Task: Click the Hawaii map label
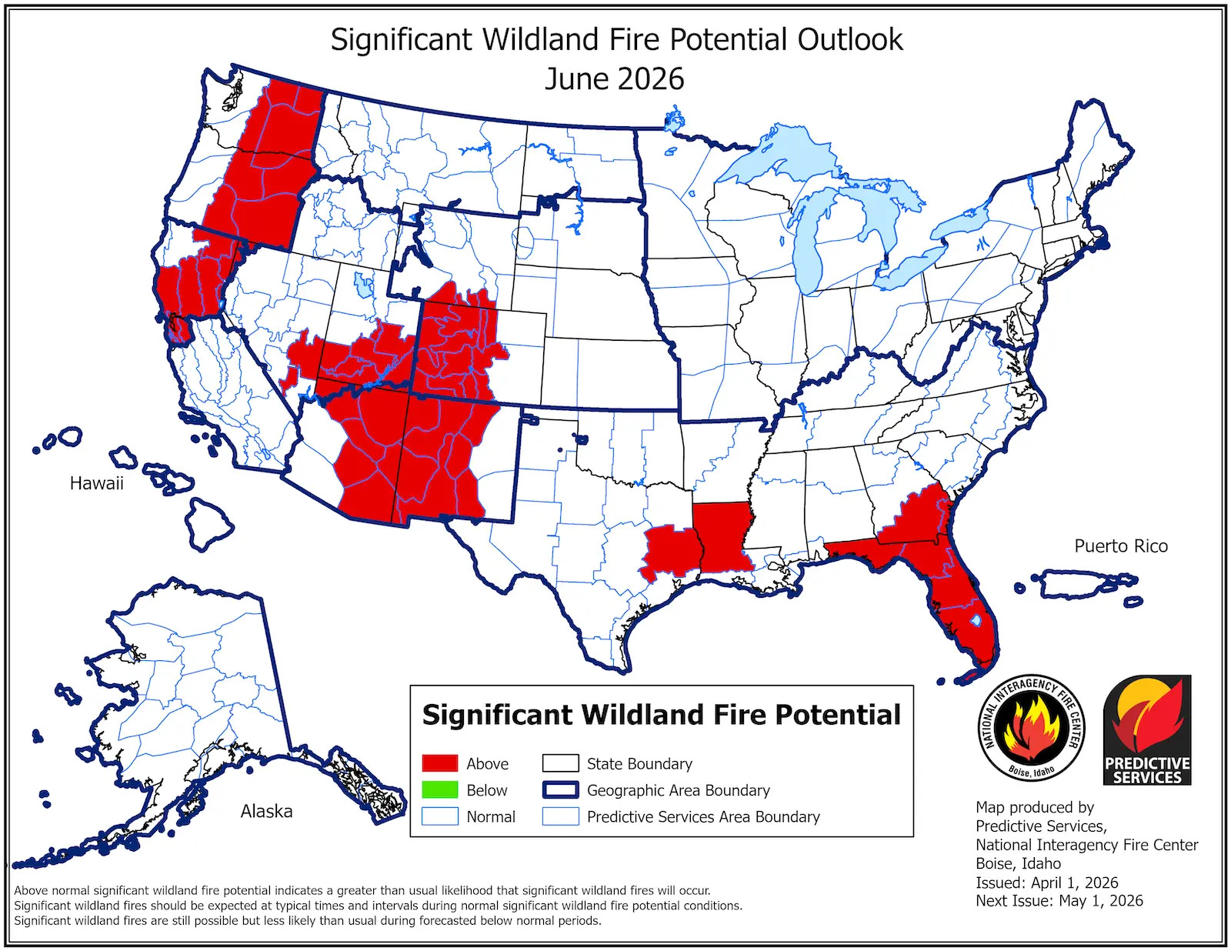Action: click(96, 483)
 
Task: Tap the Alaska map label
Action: click(266, 811)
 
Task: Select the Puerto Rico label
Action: click(1120, 546)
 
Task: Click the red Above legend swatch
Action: click(440, 763)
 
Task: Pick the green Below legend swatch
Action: click(440, 790)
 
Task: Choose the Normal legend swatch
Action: click(440, 816)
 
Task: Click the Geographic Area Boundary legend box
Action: click(560, 790)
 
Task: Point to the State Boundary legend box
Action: click(560, 763)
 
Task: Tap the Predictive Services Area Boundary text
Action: click(703, 816)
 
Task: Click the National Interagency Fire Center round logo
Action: click(1031, 729)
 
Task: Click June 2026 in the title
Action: click(614, 79)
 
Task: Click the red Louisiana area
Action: click(720, 537)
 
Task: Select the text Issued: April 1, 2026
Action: click(1046, 883)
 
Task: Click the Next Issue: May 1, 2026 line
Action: click(1059, 900)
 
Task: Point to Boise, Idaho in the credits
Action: click(1018, 863)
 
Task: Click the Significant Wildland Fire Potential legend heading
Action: click(661, 715)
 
